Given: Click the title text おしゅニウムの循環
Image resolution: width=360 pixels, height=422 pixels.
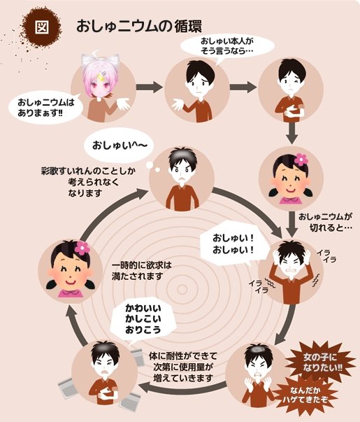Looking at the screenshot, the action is [x=139, y=27].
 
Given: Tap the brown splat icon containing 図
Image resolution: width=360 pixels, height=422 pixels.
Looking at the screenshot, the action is [x=42, y=27].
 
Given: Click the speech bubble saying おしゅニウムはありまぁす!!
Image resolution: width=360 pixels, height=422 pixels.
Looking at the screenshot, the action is [x=45, y=107].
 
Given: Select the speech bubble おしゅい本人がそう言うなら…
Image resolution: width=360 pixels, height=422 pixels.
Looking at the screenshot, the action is [x=226, y=46].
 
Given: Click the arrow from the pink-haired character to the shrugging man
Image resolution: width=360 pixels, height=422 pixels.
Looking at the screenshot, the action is [x=150, y=87].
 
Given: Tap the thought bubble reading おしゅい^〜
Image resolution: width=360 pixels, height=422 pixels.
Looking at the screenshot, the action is [x=120, y=146].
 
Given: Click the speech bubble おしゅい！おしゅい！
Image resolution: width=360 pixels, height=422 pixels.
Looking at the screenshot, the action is [x=233, y=244].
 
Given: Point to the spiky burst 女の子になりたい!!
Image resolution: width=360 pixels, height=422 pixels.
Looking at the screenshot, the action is [x=320, y=363].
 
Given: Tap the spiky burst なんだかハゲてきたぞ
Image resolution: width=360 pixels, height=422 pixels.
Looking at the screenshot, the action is [x=305, y=395].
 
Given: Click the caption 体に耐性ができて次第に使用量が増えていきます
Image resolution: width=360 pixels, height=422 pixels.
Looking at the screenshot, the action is [x=183, y=367].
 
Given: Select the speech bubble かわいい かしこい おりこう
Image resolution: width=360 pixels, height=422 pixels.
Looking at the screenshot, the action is [x=143, y=319].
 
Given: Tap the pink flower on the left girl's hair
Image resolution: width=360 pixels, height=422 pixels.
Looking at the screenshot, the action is [x=82, y=248].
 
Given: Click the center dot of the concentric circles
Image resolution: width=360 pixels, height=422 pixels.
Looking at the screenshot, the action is [x=182, y=290].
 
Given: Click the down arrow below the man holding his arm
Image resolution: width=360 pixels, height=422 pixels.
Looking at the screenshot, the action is [x=291, y=133].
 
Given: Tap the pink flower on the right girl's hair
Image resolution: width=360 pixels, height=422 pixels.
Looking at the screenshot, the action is [x=301, y=160].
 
